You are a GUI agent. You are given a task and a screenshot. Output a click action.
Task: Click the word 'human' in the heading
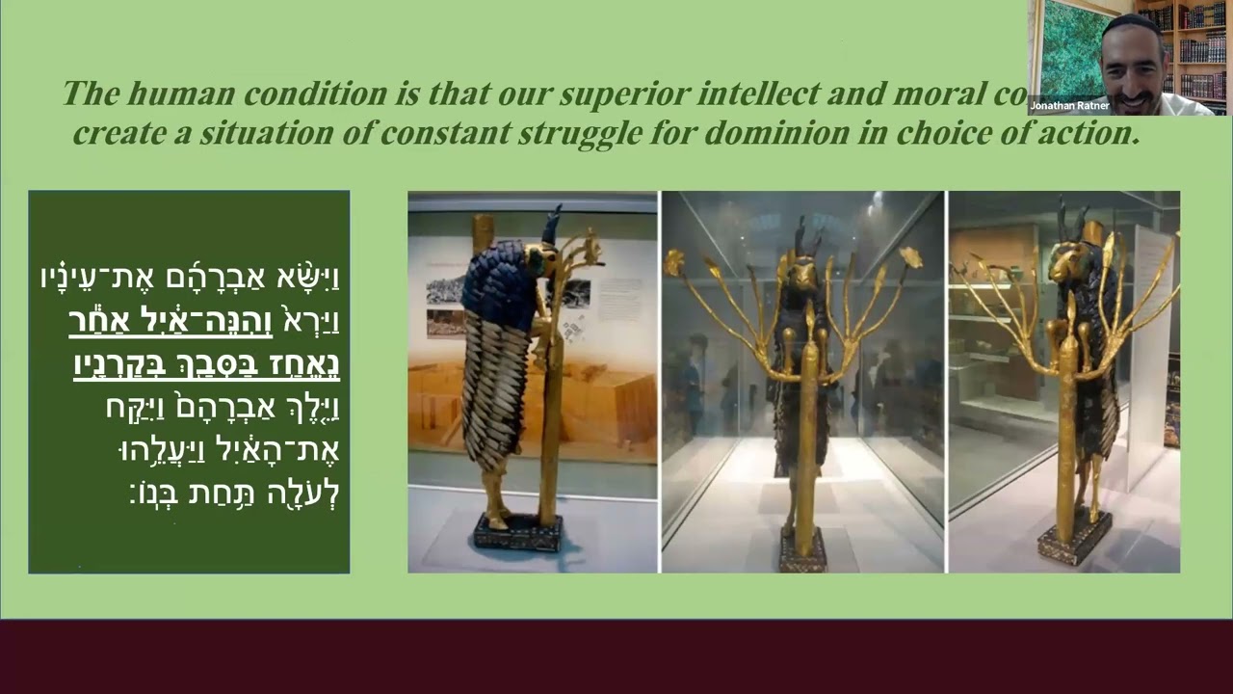pos(183,93)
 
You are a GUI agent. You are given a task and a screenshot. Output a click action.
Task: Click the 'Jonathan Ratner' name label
pos(1069,105)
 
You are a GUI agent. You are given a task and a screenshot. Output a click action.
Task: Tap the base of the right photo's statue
pos(1073,541)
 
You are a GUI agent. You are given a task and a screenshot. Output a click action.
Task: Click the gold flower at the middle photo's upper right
pos(909,256)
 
